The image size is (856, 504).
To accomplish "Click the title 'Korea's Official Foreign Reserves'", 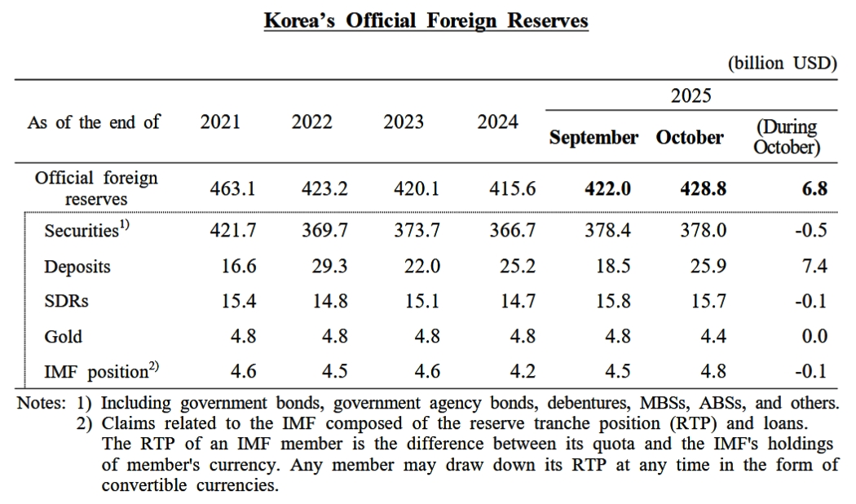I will coord(426,20).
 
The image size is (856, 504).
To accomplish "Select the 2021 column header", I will coord(220,122).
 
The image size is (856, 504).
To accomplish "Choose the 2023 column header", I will coord(404,122).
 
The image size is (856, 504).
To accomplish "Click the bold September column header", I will coord(593,137).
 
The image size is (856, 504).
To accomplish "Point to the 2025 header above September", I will coord(691,96).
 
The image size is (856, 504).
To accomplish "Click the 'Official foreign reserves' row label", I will coord(96,188).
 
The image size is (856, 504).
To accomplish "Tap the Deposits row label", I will coord(77,267).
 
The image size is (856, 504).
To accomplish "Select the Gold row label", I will coord(64,336).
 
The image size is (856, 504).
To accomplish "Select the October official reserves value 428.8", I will coord(703,188).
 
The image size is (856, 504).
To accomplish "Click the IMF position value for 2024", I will coord(523,372).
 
